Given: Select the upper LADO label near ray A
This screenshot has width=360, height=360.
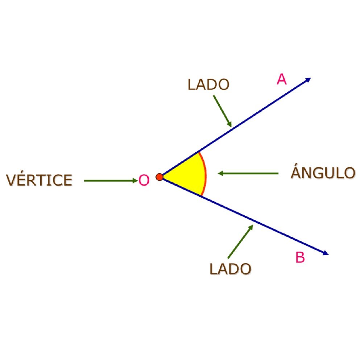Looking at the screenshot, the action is [x=208, y=84].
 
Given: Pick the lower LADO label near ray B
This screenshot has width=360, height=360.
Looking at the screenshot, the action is [x=230, y=269].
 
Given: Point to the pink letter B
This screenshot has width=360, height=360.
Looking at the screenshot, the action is [x=300, y=257].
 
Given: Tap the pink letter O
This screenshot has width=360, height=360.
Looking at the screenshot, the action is [x=144, y=180].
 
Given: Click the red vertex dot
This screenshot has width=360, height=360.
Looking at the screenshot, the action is [x=160, y=177].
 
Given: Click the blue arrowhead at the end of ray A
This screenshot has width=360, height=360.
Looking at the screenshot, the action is [x=308, y=80].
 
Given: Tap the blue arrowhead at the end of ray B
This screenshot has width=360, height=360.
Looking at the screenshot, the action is [x=326, y=253].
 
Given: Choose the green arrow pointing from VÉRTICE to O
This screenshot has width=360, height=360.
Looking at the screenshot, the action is [x=111, y=181].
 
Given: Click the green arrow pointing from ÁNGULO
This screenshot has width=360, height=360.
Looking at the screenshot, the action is [x=248, y=173].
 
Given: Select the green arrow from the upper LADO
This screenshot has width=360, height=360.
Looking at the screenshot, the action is [x=222, y=111].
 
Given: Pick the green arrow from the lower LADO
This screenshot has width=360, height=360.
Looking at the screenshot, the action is [x=240, y=241].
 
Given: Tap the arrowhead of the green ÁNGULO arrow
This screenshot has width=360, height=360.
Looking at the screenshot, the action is [x=220, y=173].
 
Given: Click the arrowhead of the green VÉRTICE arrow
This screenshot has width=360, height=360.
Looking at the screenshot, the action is [x=135, y=181].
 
